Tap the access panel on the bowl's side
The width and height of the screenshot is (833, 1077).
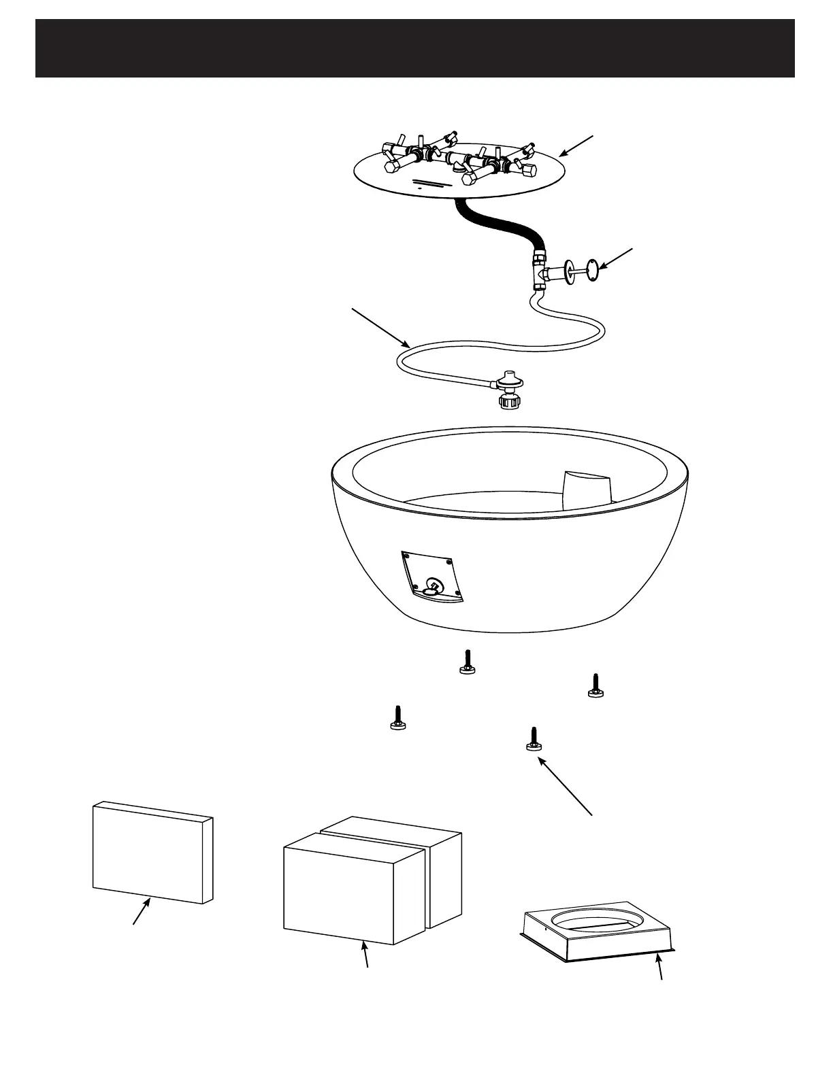click(433, 577)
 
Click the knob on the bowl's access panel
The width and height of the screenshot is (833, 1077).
click(431, 587)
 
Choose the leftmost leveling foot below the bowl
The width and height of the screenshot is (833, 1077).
click(398, 719)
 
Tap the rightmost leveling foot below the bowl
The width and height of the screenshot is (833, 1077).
click(596, 686)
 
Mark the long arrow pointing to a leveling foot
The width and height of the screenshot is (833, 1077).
click(566, 785)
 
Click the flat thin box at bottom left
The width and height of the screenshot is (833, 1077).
click(153, 853)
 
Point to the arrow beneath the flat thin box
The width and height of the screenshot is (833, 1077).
click(142, 911)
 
